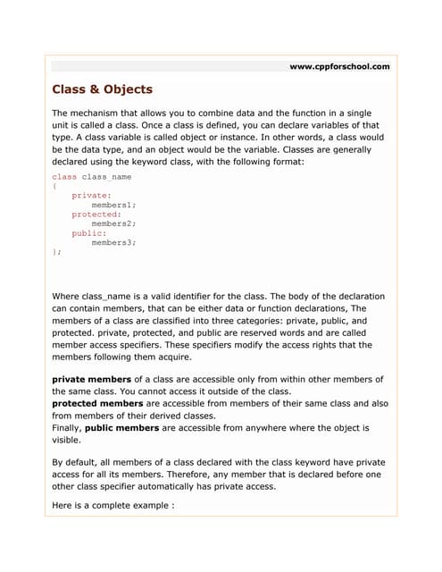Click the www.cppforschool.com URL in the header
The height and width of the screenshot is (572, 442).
(x=340, y=66)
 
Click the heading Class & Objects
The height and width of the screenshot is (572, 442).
(x=103, y=89)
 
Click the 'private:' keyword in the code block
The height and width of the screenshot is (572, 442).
(x=92, y=195)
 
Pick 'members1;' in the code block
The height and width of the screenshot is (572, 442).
(x=114, y=205)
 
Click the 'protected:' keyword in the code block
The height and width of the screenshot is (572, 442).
(x=96, y=214)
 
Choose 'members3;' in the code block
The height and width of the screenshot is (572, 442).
(x=114, y=242)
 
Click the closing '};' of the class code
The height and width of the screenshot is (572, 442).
(x=57, y=252)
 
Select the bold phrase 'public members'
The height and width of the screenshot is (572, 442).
(x=126, y=428)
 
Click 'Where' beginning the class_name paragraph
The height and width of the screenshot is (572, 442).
(x=65, y=296)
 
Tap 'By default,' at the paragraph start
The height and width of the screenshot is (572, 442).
(x=76, y=462)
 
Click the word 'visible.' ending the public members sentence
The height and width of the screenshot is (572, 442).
(x=67, y=440)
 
